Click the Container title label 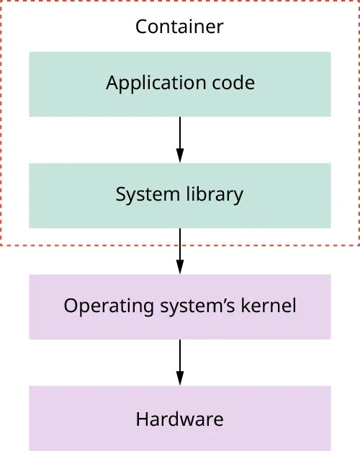pyautogui.click(x=179, y=27)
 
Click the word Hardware pyautogui.click(x=179, y=419)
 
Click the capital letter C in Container pyautogui.click(x=141, y=27)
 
